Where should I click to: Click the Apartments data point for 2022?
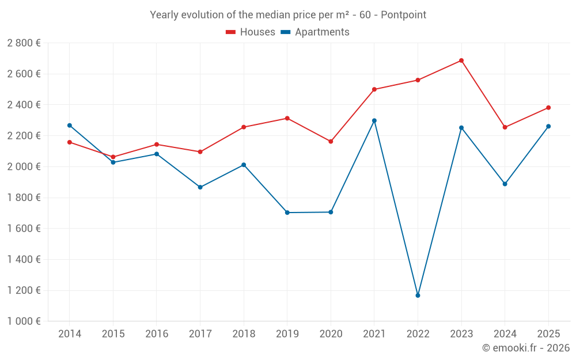click(418, 295)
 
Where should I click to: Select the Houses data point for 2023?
click(461, 60)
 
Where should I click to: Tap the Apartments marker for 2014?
click(70, 126)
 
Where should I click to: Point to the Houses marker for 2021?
click(374, 89)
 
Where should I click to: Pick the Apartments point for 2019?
click(287, 213)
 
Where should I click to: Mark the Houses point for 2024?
click(505, 127)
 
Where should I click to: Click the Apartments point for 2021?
click(374, 121)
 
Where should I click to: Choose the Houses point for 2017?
click(200, 152)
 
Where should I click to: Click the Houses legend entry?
click(251, 32)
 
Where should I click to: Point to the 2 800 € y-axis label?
click(24, 43)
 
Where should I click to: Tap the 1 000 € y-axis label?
click(24, 321)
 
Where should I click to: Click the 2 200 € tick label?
click(24, 136)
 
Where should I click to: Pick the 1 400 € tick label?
click(24, 260)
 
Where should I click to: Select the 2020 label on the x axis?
click(331, 334)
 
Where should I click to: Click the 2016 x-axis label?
click(157, 334)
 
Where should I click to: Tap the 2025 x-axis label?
click(548, 334)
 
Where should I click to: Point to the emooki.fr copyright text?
click(526, 348)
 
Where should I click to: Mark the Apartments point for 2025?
click(548, 126)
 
